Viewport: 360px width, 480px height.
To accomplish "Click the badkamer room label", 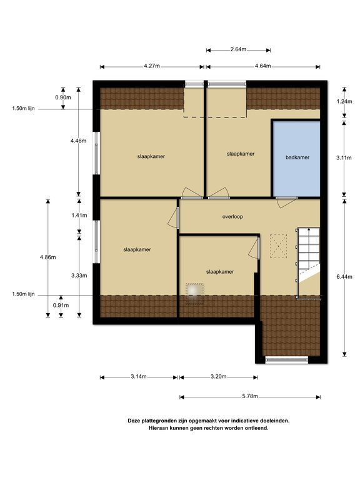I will click(297, 157).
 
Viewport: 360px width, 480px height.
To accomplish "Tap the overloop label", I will click(232, 217).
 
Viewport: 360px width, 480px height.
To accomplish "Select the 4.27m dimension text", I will click(151, 65).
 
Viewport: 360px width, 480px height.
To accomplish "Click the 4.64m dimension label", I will click(263, 65).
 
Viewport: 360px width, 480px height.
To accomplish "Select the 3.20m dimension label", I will click(217, 377).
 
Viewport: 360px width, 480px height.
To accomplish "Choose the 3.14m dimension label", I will click(138, 377).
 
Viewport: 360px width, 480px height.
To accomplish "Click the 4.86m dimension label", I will click(47, 257).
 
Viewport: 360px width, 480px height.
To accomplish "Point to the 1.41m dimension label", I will click(79, 215).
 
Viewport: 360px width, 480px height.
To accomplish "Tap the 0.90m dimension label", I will click(63, 97).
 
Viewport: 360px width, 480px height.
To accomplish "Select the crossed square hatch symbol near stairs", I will click(278, 245).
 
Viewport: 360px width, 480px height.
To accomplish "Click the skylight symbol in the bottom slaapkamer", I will click(195, 292).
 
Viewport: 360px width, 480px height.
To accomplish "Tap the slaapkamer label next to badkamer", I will click(241, 153).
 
